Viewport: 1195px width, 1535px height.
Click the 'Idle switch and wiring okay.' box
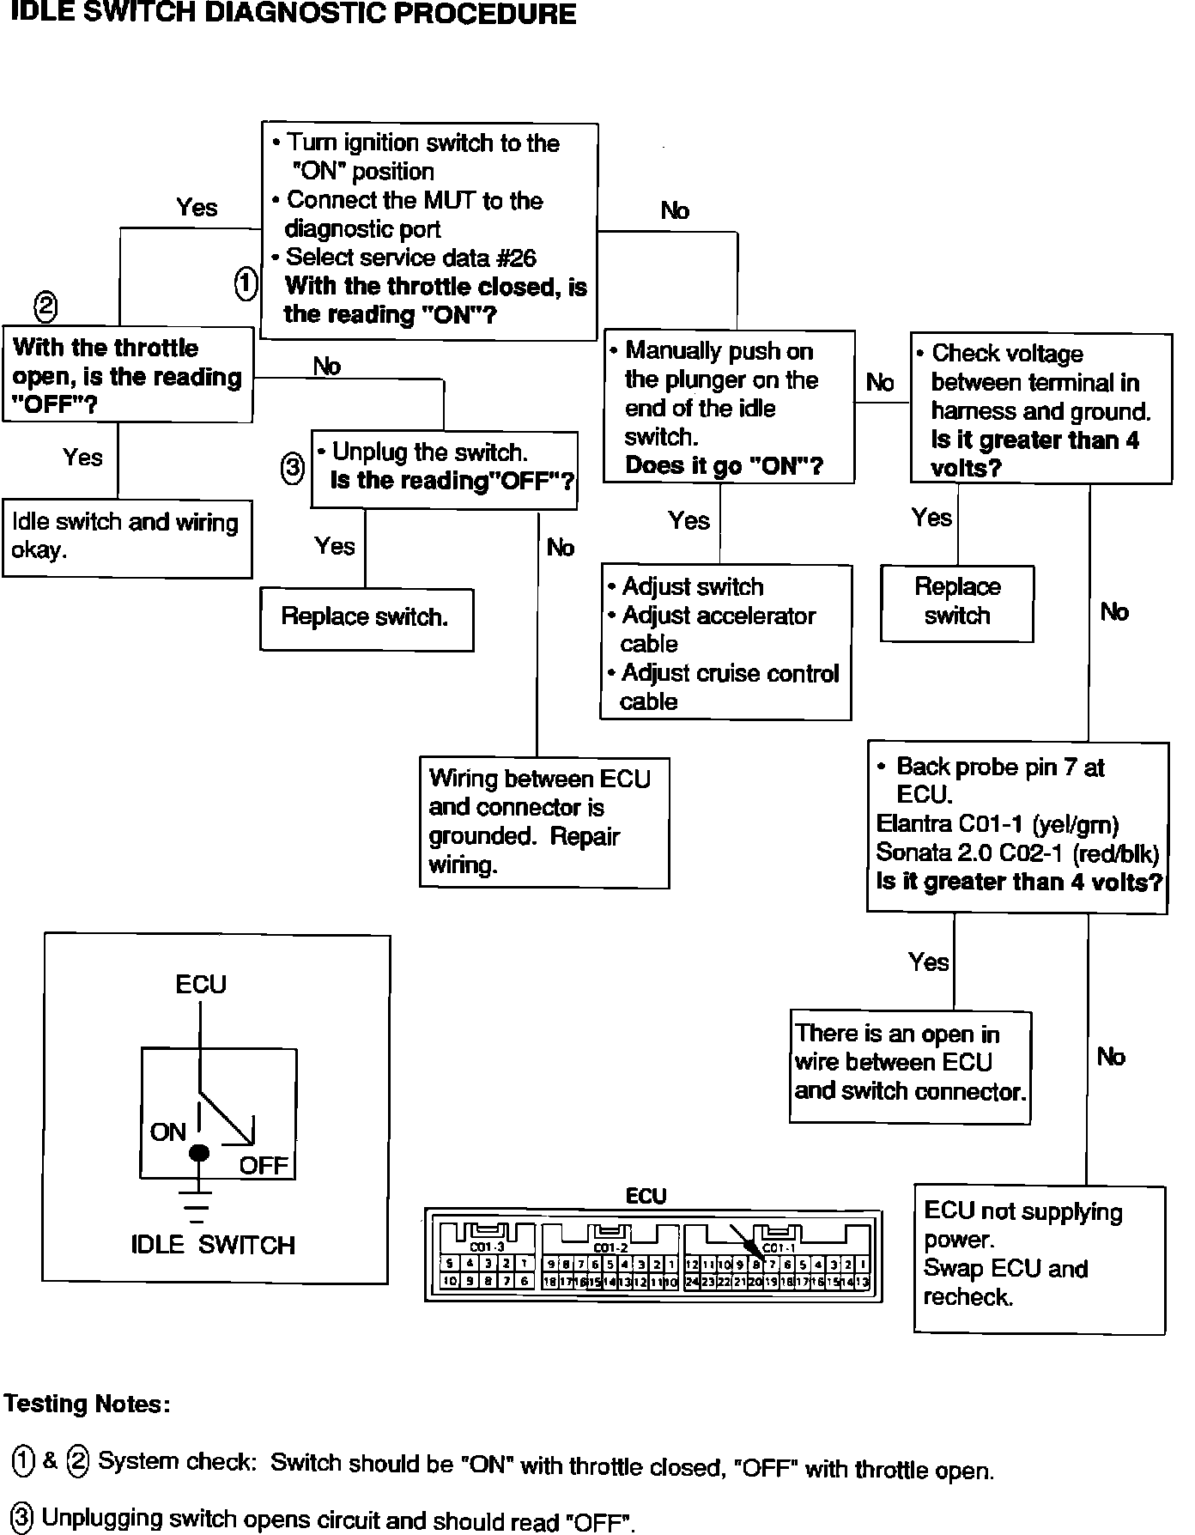click(x=127, y=537)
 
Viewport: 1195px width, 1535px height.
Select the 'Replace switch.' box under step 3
click(x=367, y=618)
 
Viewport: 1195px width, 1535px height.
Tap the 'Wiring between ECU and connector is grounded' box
click(x=544, y=822)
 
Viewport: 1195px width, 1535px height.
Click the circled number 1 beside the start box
click(x=246, y=283)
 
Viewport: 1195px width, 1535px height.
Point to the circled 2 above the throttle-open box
click(x=45, y=306)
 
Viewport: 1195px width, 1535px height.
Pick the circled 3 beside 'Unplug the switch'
click(x=293, y=468)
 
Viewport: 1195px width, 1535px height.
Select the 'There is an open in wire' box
click(x=909, y=1065)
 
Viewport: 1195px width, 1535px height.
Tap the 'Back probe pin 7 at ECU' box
click(x=1017, y=825)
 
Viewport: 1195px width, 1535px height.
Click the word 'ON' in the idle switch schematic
click(x=168, y=1132)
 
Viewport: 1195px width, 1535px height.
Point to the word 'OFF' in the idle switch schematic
click(x=264, y=1166)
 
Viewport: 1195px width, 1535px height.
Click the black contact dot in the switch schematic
click(x=199, y=1153)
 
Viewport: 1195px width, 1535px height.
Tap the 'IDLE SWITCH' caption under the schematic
click(x=213, y=1246)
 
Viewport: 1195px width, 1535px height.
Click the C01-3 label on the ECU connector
click(x=487, y=1247)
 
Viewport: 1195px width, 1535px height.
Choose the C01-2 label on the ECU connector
click(x=610, y=1247)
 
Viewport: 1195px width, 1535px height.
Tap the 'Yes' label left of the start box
click(x=197, y=208)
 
